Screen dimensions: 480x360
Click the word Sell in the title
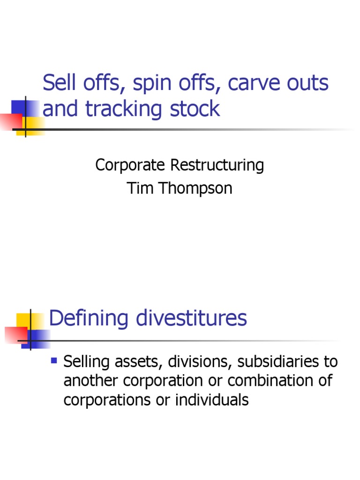[x=58, y=83]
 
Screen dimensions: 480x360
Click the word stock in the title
[x=196, y=109]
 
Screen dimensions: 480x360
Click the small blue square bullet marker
[x=53, y=361]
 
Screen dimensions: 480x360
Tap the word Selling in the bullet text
[x=86, y=362]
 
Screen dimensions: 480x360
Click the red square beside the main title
[x=10, y=121]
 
